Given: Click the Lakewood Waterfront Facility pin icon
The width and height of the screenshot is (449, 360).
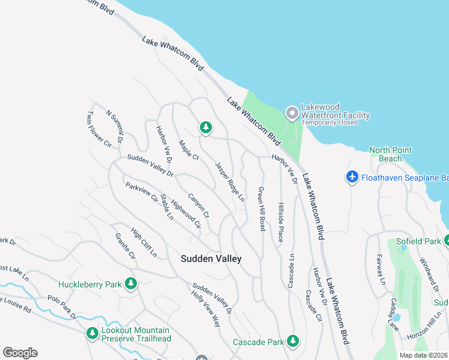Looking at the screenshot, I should pos(292,113).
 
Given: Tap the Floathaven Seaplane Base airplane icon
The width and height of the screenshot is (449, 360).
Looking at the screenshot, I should pos(352,177).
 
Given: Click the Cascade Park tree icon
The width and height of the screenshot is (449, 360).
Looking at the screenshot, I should pos(293,341).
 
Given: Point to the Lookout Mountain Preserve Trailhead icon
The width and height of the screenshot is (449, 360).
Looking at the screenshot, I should pos(92,332).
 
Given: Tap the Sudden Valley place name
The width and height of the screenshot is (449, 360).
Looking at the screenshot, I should pos(211,259).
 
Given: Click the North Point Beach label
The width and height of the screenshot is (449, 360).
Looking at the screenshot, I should pos(394,154).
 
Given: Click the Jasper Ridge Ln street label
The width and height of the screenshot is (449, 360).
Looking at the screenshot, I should pos(230,181).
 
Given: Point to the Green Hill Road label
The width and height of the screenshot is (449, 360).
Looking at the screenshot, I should pos(261,208).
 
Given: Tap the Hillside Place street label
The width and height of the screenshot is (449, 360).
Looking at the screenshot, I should pos(280,221).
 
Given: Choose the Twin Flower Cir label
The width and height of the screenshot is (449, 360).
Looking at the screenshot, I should pos(91,129).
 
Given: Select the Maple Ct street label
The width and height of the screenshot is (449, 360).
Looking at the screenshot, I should pos(188,148).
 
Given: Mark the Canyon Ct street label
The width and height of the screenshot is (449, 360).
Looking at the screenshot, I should pos(198,205).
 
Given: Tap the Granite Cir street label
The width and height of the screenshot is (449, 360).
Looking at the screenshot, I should pos(125,246).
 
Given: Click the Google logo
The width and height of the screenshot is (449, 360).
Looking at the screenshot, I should pos(20,353).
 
